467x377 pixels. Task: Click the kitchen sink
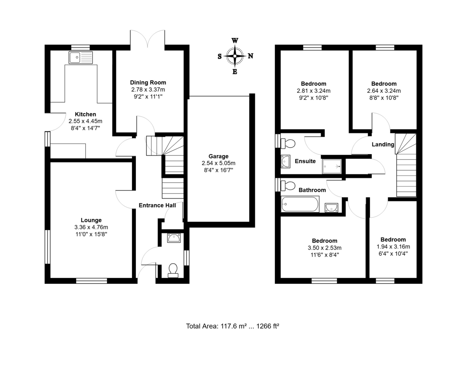tap(81, 58)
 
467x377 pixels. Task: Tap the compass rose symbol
tap(235, 56)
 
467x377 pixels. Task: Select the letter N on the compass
tap(251, 56)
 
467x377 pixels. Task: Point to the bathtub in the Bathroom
tap(300, 204)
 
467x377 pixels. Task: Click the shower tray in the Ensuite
tap(332, 166)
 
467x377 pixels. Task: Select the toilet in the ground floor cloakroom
tap(173, 270)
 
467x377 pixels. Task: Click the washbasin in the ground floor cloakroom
tap(174, 238)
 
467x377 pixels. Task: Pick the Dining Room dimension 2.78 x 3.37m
tap(148, 90)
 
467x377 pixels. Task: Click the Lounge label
tap(91, 220)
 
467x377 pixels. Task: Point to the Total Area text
tap(233, 326)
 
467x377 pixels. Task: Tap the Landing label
tap(383, 144)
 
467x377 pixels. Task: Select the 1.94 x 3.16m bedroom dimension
tap(393, 247)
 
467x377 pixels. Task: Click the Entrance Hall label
tap(157, 205)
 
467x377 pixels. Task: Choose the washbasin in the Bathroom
tap(331, 207)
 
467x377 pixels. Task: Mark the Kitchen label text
tap(85, 114)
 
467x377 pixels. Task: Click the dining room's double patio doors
tap(148, 39)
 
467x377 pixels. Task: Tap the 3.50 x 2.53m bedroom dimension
tap(324, 248)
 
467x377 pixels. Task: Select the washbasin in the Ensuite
tap(285, 161)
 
